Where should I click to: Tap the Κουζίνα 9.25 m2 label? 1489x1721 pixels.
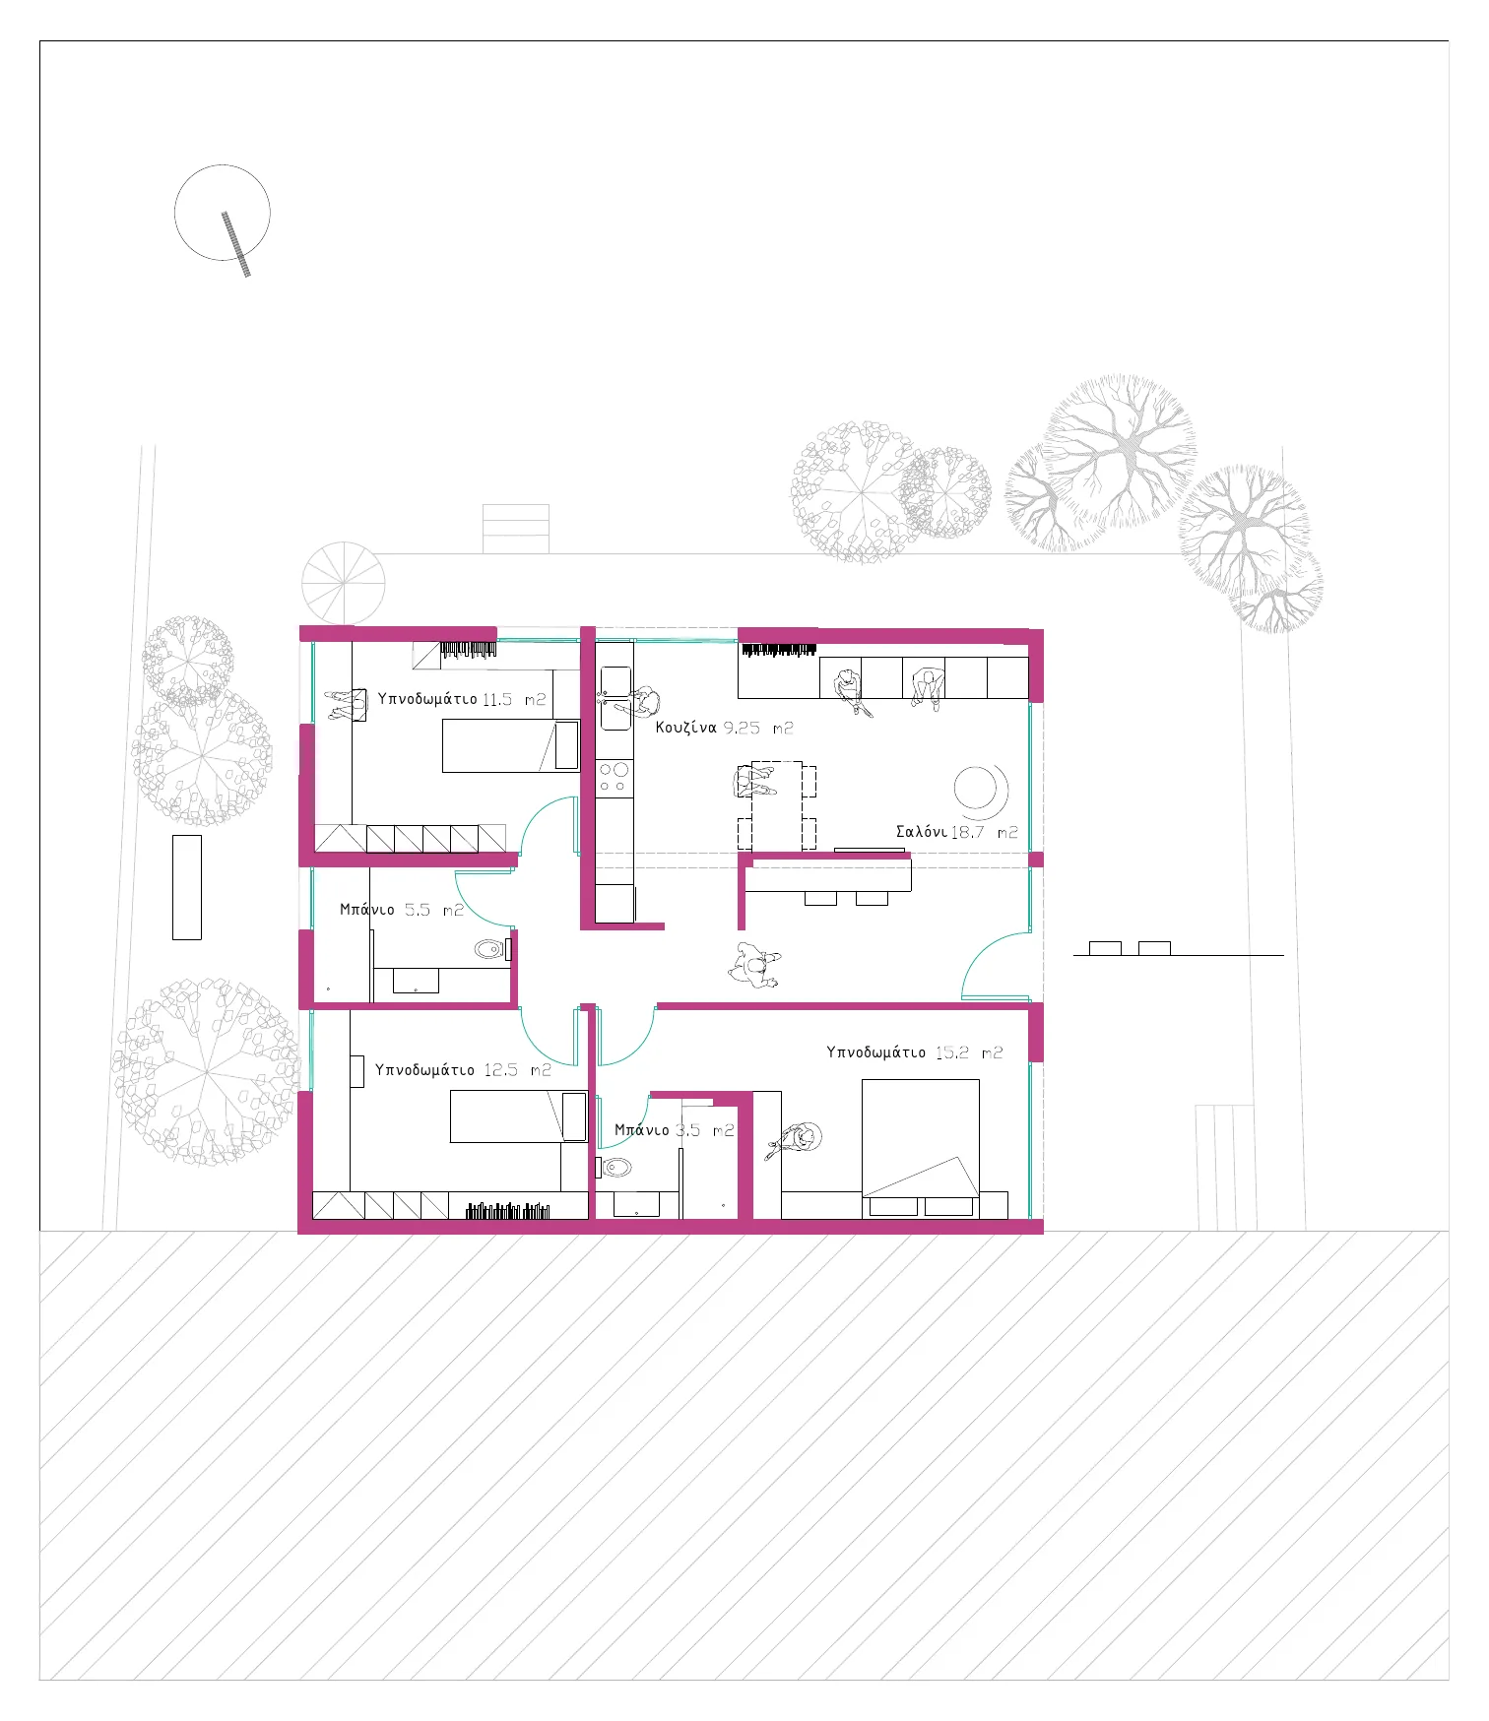click(x=724, y=728)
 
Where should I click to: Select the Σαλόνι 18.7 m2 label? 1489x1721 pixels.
click(x=956, y=832)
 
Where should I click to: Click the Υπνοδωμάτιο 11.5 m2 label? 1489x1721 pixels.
click(x=462, y=699)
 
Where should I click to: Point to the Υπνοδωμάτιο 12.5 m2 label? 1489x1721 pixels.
click(x=463, y=1069)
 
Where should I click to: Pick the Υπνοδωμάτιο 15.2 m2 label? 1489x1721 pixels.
click(x=914, y=1052)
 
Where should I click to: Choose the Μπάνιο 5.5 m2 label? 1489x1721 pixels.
click(x=401, y=910)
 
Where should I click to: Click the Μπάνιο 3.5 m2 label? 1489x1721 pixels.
click(x=675, y=1130)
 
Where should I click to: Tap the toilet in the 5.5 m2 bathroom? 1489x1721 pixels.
click(x=491, y=949)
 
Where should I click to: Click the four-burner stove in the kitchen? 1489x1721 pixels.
click(x=614, y=777)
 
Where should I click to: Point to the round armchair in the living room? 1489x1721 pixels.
click(x=979, y=791)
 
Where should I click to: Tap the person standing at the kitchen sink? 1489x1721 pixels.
click(x=642, y=702)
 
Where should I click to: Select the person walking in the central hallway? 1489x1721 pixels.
click(x=754, y=965)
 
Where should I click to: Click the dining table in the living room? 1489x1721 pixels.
click(x=777, y=804)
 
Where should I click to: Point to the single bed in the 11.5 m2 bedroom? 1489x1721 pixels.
click(x=511, y=745)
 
